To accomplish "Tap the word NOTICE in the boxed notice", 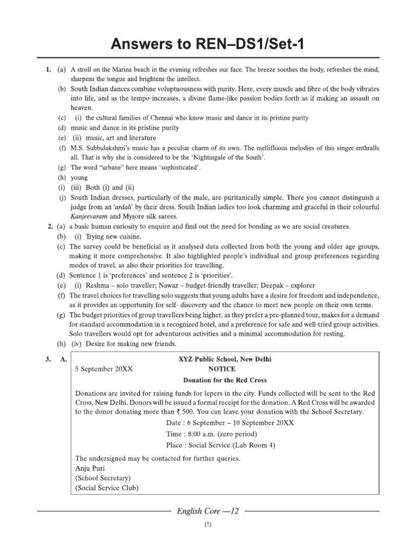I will (224, 368).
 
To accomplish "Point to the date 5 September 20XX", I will (103, 368).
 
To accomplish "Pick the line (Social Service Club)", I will (107, 488).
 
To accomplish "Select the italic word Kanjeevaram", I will (93, 216).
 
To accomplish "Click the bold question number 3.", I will (50, 358).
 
